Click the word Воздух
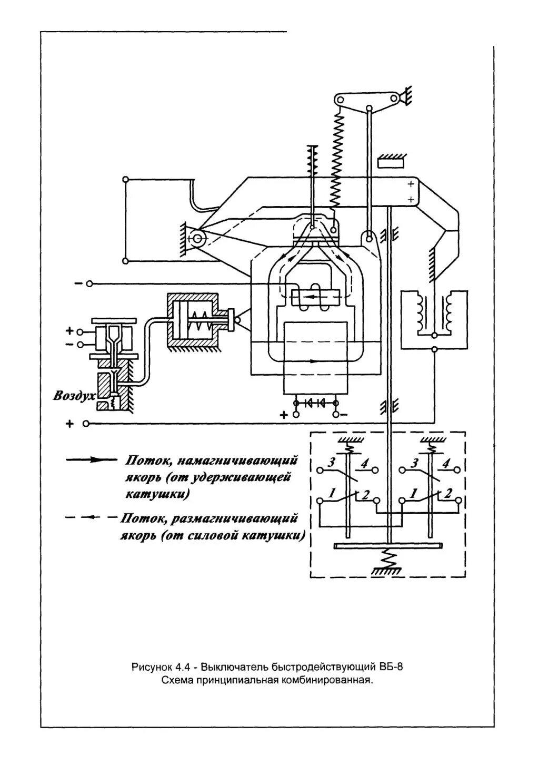coord(74,396)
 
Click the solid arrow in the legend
coord(92,460)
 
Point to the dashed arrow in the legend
coord(92,517)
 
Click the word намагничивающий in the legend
coord(237,460)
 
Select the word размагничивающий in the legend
coord(234,518)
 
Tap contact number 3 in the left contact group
coord(331,463)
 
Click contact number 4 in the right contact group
coord(446,464)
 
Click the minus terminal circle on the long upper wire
coord(89,283)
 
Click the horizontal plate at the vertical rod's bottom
coord(388,546)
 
